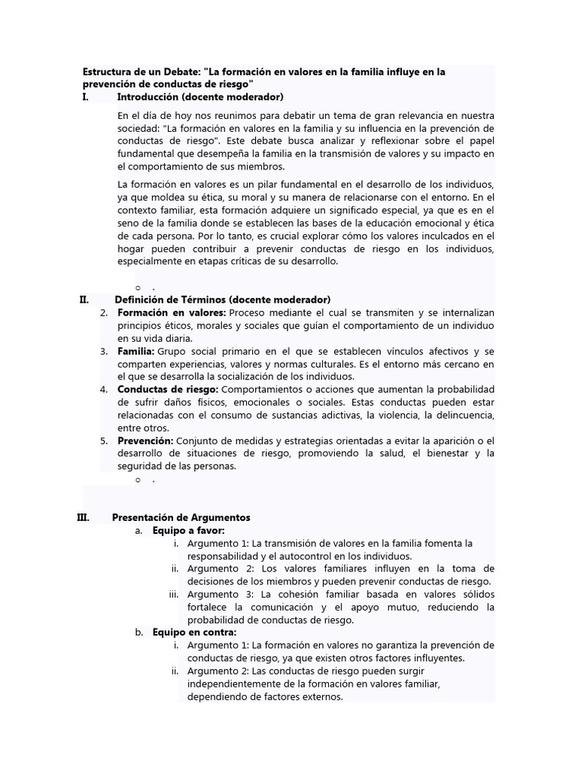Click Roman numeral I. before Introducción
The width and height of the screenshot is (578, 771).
point(86,97)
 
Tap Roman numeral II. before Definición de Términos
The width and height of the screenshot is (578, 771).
point(84,300)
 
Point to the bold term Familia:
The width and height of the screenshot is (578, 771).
point(136,352)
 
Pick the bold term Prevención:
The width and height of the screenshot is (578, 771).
point(146,441)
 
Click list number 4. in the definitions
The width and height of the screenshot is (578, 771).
point(105,389)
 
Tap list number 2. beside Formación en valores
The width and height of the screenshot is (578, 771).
point(105,312)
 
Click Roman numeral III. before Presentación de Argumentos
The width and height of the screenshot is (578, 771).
point(84,518)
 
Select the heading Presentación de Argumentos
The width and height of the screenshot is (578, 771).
point(181,518)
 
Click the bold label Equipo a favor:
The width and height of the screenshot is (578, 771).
point(183,531)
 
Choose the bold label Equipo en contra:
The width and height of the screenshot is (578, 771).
point(194,632)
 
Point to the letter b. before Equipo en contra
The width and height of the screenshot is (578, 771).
point(139,632)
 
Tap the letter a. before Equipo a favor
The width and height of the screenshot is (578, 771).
point(139,531)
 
